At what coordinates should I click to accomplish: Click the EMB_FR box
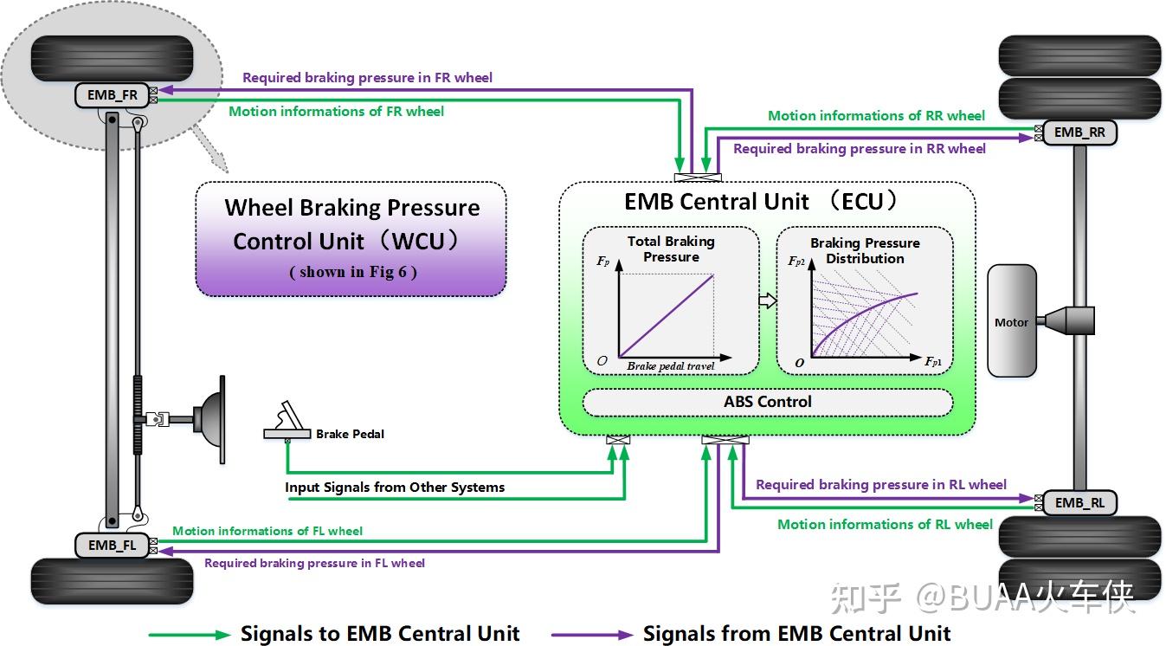coord(112,95)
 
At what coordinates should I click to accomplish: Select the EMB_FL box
coord(112,545)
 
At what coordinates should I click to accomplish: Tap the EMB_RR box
coord(1079,132)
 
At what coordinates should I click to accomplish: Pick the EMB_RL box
coord(1079,503)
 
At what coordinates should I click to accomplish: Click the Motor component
coord(1011,320)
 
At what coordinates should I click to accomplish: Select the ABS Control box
coord(768,402)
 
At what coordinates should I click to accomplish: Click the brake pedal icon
coord(287,421)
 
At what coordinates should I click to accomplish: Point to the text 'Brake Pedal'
coord(350,434)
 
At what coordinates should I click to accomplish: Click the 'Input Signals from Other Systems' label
coord(395,488)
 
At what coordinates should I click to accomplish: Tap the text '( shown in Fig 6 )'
coord(353,272)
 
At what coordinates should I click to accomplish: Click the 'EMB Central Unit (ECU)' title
coord(760,202)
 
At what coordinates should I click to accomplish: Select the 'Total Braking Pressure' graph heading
coord(671,249)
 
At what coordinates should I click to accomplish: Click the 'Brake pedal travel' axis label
coord(671,366)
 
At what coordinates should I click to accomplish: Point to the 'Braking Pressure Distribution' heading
coord(865,250)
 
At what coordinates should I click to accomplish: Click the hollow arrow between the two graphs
coord(767,300)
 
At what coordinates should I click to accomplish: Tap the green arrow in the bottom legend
coord(190,635)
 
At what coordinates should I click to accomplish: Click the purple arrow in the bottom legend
coord(592,635)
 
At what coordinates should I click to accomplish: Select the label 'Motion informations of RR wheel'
coord(877,115)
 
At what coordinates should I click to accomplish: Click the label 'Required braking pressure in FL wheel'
coord(314,563)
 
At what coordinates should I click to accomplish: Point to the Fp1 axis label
coord(933,361)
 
